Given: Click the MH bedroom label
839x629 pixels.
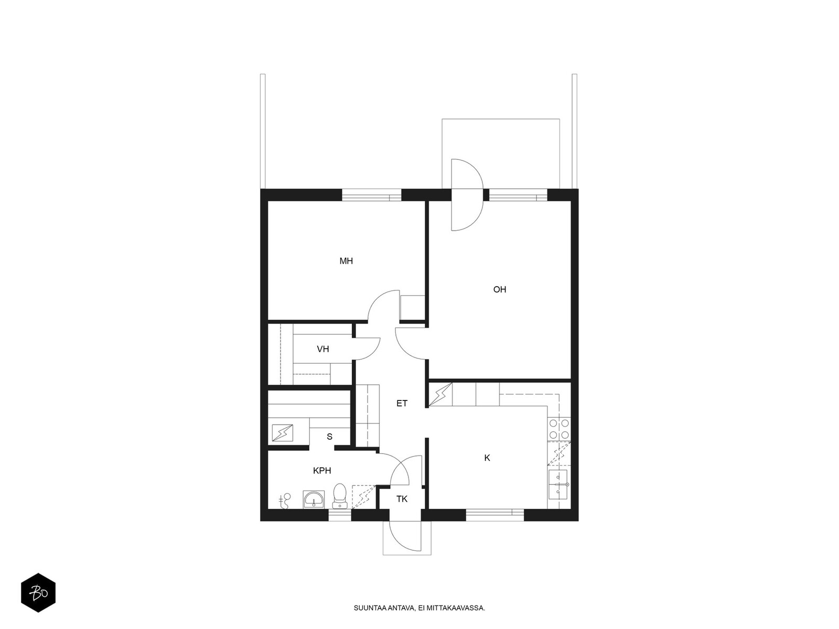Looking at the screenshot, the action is click(x=346, y=261).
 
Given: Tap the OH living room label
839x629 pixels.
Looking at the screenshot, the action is click(x=500, y=289).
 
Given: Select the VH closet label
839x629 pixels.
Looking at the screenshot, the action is click(x=322, y=349).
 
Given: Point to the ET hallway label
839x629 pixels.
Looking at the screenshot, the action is click(x=402, y=403).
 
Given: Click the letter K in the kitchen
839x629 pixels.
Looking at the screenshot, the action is click(x=487, y=458).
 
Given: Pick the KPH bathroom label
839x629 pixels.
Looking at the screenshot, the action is click(x=322, y=471).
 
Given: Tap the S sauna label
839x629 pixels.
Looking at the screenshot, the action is click(x=329, y=437).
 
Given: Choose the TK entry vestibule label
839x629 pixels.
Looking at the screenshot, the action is click(x=402, y=499).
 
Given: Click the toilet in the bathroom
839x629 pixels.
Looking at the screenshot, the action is click(x=339, y=496).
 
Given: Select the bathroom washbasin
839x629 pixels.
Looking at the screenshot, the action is click(x=314, y=500).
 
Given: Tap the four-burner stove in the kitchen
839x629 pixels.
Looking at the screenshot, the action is click(x=559, y=429).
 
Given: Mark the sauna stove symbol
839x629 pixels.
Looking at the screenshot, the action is click(x=282, y=433).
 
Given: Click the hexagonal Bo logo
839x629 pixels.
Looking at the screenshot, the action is click(x=38, y=593).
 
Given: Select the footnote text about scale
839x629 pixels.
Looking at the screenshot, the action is click(x=419, y=608).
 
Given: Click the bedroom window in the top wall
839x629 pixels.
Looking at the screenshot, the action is click(x=371, y=196).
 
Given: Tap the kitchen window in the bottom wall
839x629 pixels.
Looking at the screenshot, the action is click(x=494, y=514).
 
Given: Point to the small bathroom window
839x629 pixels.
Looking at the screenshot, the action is click(x=340, y=515).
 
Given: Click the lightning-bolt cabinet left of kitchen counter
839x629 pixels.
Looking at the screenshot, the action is click(x=440, y=395).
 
